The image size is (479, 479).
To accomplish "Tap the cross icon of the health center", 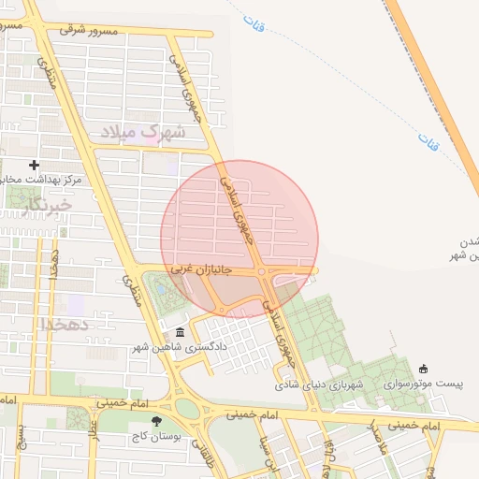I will click(35, 165).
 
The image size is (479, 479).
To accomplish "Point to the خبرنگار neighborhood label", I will click(49, 204).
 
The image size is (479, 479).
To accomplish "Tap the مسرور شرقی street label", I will click(92, 31).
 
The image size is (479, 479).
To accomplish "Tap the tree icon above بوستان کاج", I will click(169, 422).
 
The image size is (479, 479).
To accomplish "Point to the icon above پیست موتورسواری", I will click(424, 369).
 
